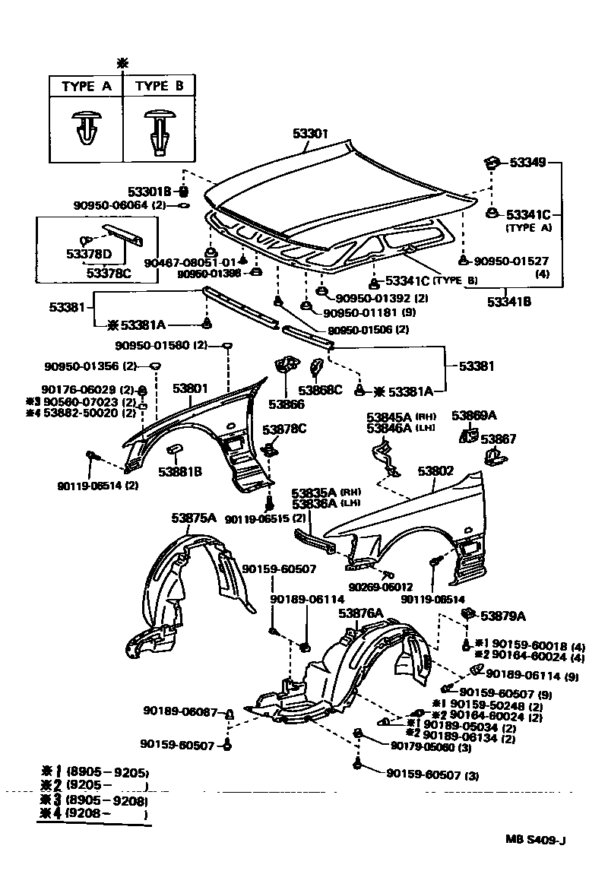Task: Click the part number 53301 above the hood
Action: coord(309,133)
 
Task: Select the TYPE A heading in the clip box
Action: coord(86,87)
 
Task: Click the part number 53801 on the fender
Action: coord(190,388)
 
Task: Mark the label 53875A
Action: coord(194,518)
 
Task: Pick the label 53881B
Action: coord(180,471)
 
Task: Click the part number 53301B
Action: coord(151,191)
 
